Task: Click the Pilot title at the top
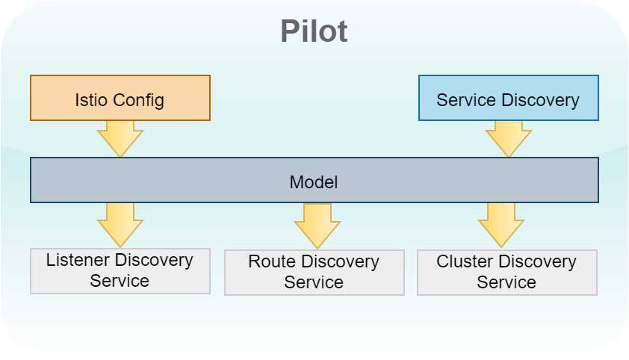coord(314,31)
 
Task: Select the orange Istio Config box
coord(120,98)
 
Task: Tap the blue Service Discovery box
coord(508,98)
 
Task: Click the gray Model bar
coord(314,180)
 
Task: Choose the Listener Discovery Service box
coord(120,271)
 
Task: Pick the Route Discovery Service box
coord(314,273)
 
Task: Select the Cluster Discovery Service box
coord(507,273)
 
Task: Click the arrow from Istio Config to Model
coord(120,138)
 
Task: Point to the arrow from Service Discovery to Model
coord(509,138)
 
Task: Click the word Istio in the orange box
coord(92,100)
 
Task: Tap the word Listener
coord(78,261)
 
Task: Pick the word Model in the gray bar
coord(314,182)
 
